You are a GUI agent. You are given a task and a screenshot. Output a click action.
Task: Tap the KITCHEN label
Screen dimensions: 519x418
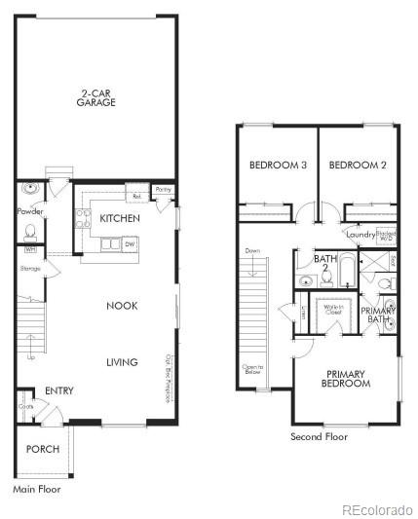[120, 219]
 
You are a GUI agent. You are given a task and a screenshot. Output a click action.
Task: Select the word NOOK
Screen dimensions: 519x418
[122, 306]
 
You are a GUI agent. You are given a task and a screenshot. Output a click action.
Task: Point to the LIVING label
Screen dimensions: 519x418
[122, 362]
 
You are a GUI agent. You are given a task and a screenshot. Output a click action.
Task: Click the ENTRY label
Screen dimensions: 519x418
[58, 391]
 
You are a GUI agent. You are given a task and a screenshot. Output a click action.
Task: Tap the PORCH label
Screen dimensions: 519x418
[43, 449]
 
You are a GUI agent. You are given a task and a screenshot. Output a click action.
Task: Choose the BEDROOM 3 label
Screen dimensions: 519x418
[278, 166]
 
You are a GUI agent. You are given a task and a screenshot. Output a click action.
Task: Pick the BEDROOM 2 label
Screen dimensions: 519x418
[358, 166]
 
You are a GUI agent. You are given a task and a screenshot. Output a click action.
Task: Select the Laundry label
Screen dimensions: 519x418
[361, 234]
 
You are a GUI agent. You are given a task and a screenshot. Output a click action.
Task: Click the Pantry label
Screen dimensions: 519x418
[164, 190]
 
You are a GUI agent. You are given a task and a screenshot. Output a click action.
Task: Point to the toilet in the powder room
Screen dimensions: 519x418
[31, 232]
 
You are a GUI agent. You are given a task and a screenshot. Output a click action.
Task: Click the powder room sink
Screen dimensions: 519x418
[31, 189]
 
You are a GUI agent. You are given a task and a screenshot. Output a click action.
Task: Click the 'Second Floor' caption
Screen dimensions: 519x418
[319, 437]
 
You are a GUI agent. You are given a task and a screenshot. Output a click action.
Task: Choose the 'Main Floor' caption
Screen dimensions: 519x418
[37, 489]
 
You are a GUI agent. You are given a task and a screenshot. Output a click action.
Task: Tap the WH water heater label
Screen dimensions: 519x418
[29, 250]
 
